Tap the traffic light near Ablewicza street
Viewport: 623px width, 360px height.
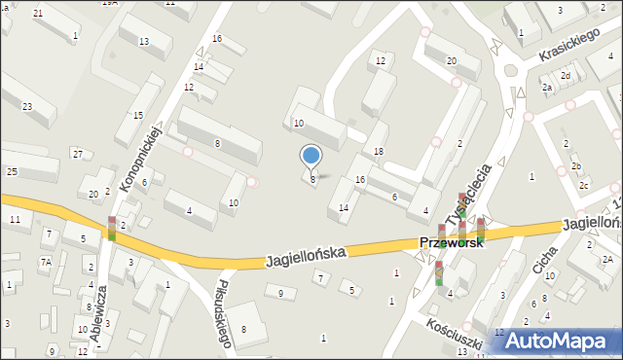pyautogui.click(x=112, y=229)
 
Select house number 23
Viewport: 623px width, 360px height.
pyautogui.click(x=27, y=107)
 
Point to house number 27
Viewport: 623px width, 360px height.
pyautogui.click(x=77, y=154)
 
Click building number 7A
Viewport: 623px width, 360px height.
pyautogui.click(x=46, y=262)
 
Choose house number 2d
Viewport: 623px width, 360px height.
pyautogui.click(x=565, y=75)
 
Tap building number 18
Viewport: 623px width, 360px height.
pyautogui.click(x=379, y=152)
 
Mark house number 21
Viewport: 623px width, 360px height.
pyautogui.click(x=37, y=13)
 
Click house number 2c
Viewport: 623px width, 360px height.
pyautogui.click(x=583, y=185)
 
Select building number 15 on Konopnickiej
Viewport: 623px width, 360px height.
pyautogui.click(x=138, y=116)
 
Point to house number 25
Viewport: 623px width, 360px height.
pyautogui.click(x=12, y=172)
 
